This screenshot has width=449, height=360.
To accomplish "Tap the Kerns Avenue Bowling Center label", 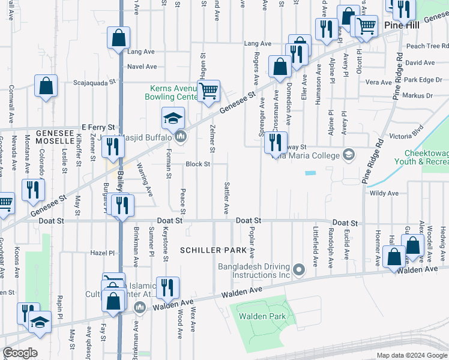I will click(173, 92).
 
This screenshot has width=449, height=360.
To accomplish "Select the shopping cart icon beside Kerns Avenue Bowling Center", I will click(208, 92).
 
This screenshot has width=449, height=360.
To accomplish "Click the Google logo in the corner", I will click(20, 353).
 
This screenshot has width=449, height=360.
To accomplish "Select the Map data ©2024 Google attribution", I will click(411, 355).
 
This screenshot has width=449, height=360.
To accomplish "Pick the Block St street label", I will click(197, 164).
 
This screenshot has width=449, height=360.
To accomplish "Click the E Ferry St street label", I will click(98, 127).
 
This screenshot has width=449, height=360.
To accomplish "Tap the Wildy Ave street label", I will click(384, 193).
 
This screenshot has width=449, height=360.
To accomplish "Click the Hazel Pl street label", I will click(102, 253).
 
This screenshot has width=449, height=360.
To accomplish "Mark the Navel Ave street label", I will click(142, 67).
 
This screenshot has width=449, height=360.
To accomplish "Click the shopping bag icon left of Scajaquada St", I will click(46, 86).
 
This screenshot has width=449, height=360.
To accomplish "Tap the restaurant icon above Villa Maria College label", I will click(276, 142).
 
